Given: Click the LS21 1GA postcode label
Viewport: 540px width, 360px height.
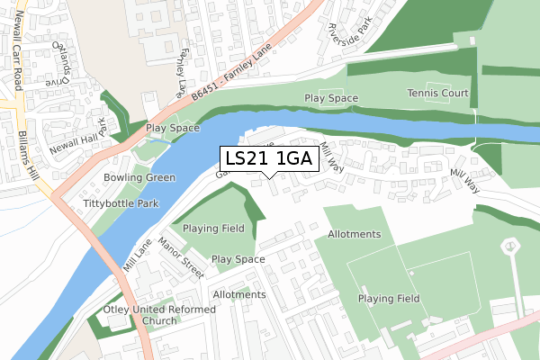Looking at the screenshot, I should (x=268, y=159).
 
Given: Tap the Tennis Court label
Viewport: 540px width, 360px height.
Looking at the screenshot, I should (x=437, y=93).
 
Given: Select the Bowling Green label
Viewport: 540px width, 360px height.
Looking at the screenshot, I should (x=139, y=177).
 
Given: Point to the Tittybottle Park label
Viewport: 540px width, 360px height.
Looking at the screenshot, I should (x=121, y=203).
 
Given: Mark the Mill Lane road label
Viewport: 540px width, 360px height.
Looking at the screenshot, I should (x=138, y=256).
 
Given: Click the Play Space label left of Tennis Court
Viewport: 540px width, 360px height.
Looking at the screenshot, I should (x=331, y=98).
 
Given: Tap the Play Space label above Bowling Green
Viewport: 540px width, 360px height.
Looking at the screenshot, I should (x=173, y=129).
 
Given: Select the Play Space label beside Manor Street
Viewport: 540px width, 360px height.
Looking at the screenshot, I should (x=238, y=259).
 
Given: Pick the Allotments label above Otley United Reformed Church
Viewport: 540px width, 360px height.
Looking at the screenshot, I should (x=239, y=294).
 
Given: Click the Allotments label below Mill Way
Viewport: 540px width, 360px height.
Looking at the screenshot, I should (x=355, y=234).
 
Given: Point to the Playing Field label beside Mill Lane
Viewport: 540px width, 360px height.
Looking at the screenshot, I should (x=212, y=229).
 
